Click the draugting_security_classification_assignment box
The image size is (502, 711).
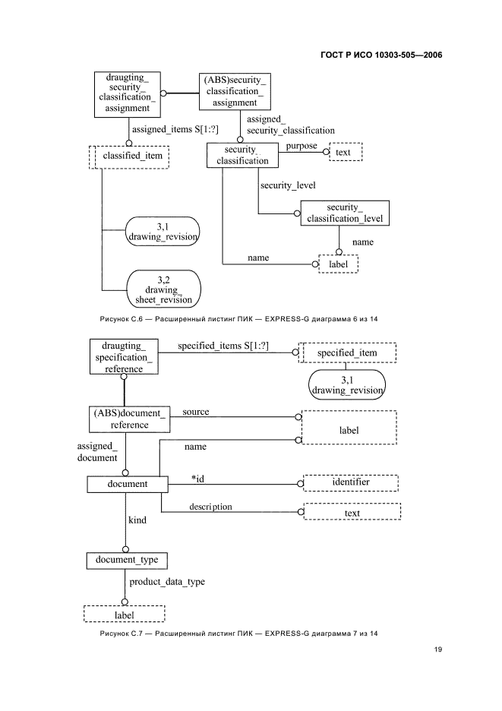pos(125,93)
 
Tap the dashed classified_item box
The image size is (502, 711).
pos(128,156)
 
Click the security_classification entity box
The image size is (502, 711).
pos(242,155)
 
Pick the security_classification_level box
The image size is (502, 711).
pos(345,213)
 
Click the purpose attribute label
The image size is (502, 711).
pos(302,146)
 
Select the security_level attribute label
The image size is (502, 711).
pos(288,185)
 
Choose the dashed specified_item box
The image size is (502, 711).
pos(346,353)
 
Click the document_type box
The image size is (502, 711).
pos(126,561)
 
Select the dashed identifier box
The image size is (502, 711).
pos(351,482)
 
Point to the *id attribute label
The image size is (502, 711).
pos(197,478)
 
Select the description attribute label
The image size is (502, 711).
pos(210,507)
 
